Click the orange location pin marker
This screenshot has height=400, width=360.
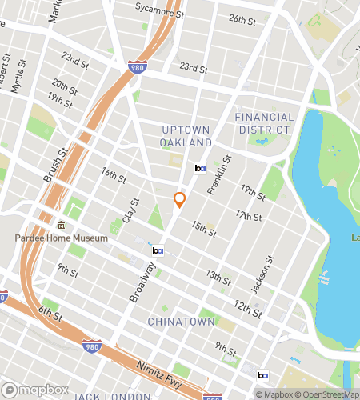pos(180,200)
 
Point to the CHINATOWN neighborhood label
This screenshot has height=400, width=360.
pos(181,321)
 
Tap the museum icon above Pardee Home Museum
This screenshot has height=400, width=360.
pos(62,225)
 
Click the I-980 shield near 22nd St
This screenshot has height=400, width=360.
pos(135,69)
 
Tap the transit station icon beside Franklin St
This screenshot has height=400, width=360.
pos(200,168)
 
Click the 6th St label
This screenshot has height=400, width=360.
pos(53,314)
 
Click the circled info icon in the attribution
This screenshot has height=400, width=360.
pos(260,394)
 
